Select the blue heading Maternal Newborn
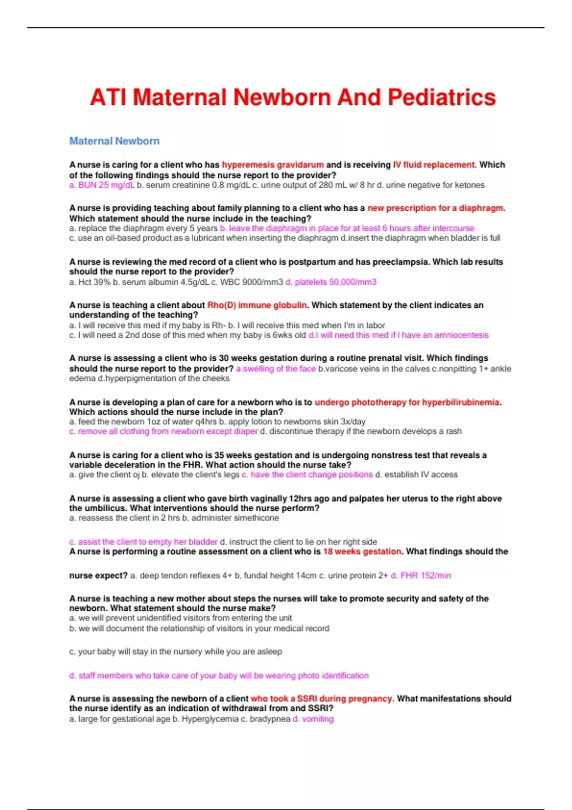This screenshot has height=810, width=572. click(114, 141)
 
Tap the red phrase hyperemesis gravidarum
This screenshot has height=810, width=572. click(273, 165)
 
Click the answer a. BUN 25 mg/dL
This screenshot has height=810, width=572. click(102, 185)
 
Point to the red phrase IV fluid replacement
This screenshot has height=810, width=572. click(434, 165)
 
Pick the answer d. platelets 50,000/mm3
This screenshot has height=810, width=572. click(331, 282)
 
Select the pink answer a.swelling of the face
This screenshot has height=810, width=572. click(276, 369)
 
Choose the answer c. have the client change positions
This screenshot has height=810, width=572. click(307, 475)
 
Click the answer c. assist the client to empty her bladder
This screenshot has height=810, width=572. click(143, 542)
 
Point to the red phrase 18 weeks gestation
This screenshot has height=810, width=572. click(362, 551)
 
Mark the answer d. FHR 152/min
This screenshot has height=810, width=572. click(420, 576)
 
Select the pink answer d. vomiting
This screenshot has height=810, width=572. click(313, 719)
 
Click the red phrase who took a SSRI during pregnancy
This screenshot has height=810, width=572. click(321, 699)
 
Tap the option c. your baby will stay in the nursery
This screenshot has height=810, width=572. click(175, 651)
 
